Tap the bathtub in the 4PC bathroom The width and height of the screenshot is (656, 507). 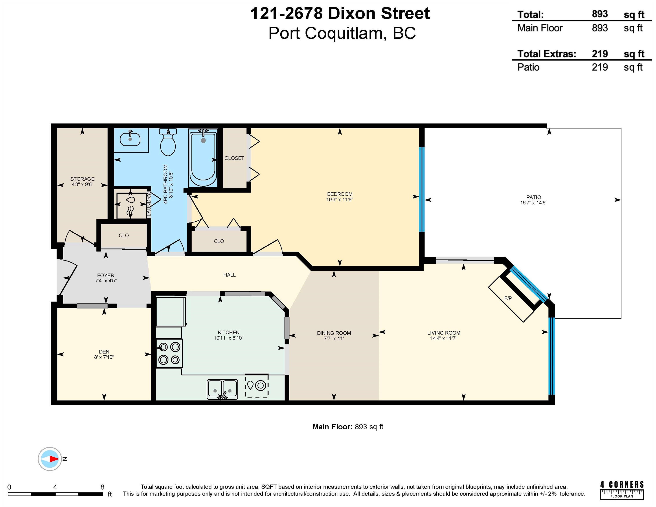pos(203,158)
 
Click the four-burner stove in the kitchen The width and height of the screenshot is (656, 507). pos(169,353)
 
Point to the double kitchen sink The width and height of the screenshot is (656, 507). pos(222,389)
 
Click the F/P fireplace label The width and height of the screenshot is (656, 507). pos(508,298)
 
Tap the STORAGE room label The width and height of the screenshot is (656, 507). pos(82,179)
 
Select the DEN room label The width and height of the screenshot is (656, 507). pos(104,352)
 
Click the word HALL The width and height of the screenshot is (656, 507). pos(230,275)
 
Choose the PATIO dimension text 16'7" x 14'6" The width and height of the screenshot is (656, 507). pos(534,203)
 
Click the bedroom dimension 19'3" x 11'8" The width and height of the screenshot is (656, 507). pos(340,199)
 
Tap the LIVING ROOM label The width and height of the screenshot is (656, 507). pos(444,333)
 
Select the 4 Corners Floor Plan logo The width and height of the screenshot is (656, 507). pos(622,490)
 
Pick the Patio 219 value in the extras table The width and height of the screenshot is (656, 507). pos(600,67)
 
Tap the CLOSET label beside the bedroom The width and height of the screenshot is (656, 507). pos(234,158)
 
